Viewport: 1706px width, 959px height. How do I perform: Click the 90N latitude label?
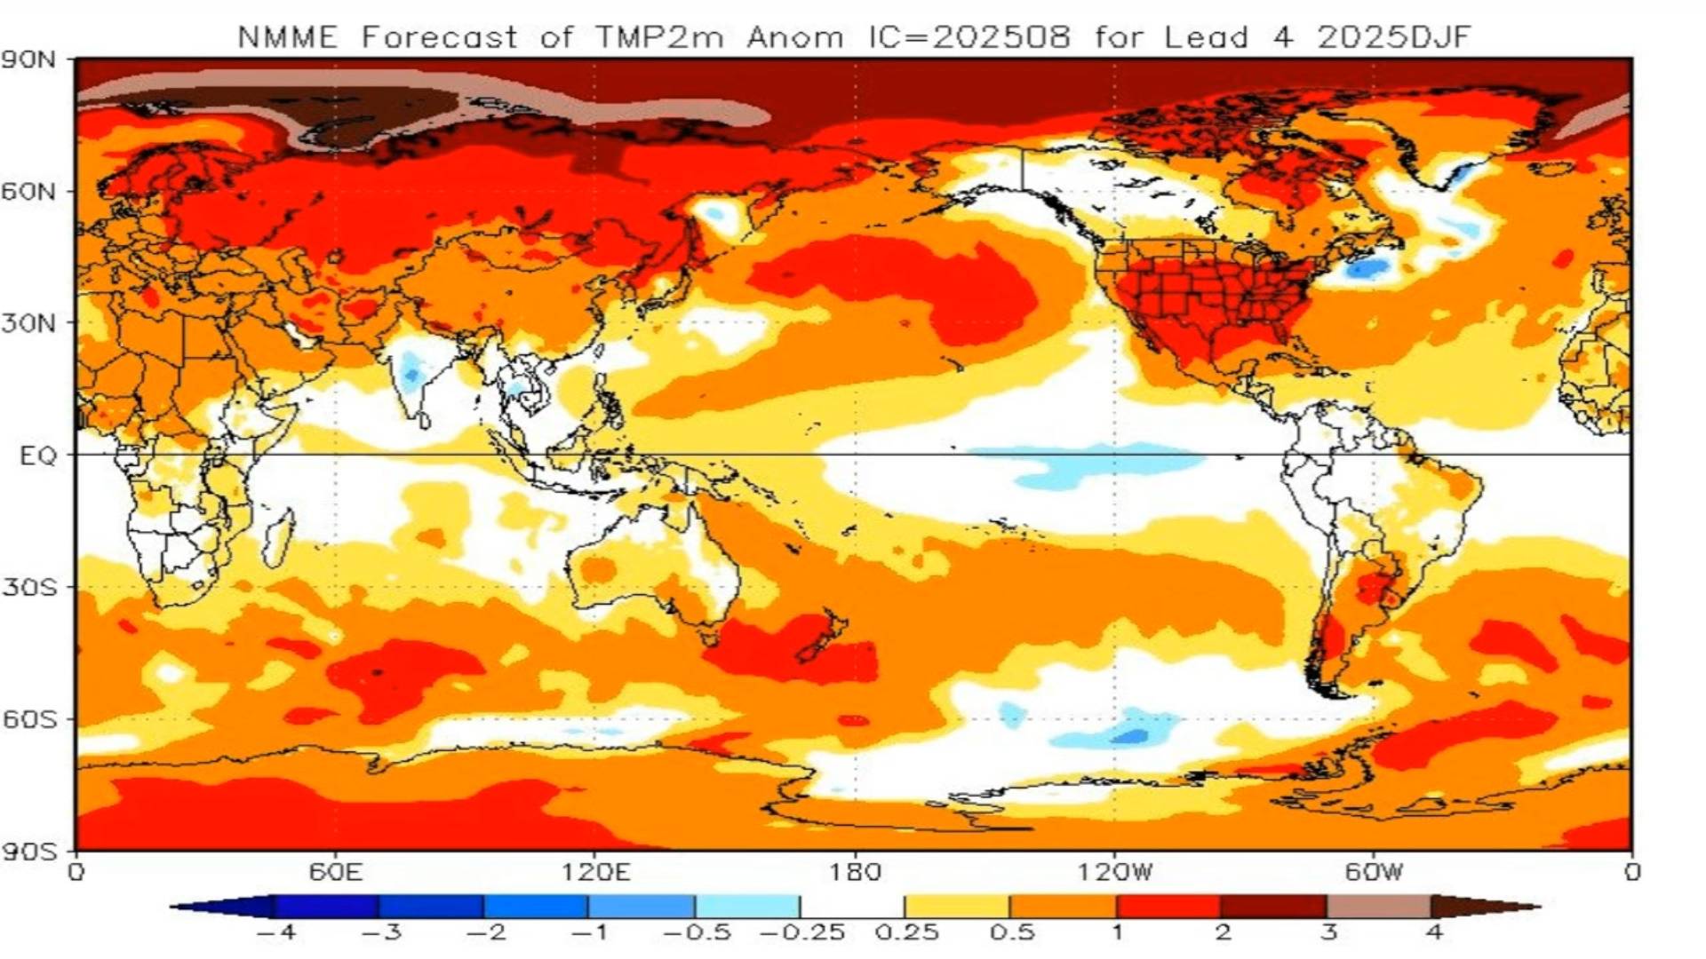(x=28, y=60)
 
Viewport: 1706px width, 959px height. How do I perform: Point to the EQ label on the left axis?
(x=37, y=456)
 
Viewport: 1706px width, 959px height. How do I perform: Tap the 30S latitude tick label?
(x=28, y=588)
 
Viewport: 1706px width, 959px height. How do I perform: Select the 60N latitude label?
(x=28, y=192)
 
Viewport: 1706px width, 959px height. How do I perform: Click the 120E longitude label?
(x=595, y=872)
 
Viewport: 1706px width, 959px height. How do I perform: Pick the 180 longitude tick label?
(x=855, y=872)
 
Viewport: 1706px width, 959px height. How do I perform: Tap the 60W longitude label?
(x=1373, y=872)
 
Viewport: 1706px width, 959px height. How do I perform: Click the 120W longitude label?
(x=1115, y=872)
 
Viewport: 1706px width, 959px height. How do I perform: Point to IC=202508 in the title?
(x=969, y=37)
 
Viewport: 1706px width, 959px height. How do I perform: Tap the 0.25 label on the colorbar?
(x=906, y=933)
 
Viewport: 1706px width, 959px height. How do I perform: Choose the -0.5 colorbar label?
(x=697, y=933)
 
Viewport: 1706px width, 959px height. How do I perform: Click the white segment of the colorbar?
(x=852, y=907)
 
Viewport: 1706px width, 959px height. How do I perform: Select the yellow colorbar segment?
(x=957, y=907)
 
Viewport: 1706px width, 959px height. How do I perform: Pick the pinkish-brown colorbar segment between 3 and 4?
(x=1378, y=907)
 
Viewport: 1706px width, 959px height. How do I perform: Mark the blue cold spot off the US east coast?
(x=1366, y=267)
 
